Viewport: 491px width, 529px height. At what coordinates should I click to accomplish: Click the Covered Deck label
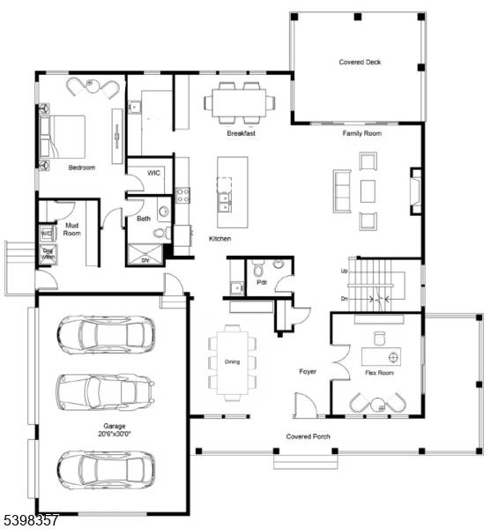(x=360, y=63)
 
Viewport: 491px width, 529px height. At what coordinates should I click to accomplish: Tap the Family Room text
(x=361, y=133)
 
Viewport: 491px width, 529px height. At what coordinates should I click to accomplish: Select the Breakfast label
(x=241, y=133)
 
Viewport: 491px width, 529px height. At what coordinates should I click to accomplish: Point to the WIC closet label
(x=153, y=173)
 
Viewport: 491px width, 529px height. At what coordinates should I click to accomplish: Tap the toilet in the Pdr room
(x=257, y=269)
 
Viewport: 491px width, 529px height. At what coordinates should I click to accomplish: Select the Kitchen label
(x=219, y=239)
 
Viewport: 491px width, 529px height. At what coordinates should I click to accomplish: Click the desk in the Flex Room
(x=381, y=356)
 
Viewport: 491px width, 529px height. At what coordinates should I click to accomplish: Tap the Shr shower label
(x=148, y=261)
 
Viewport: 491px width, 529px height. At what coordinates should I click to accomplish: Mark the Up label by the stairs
(x=343, y=271)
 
